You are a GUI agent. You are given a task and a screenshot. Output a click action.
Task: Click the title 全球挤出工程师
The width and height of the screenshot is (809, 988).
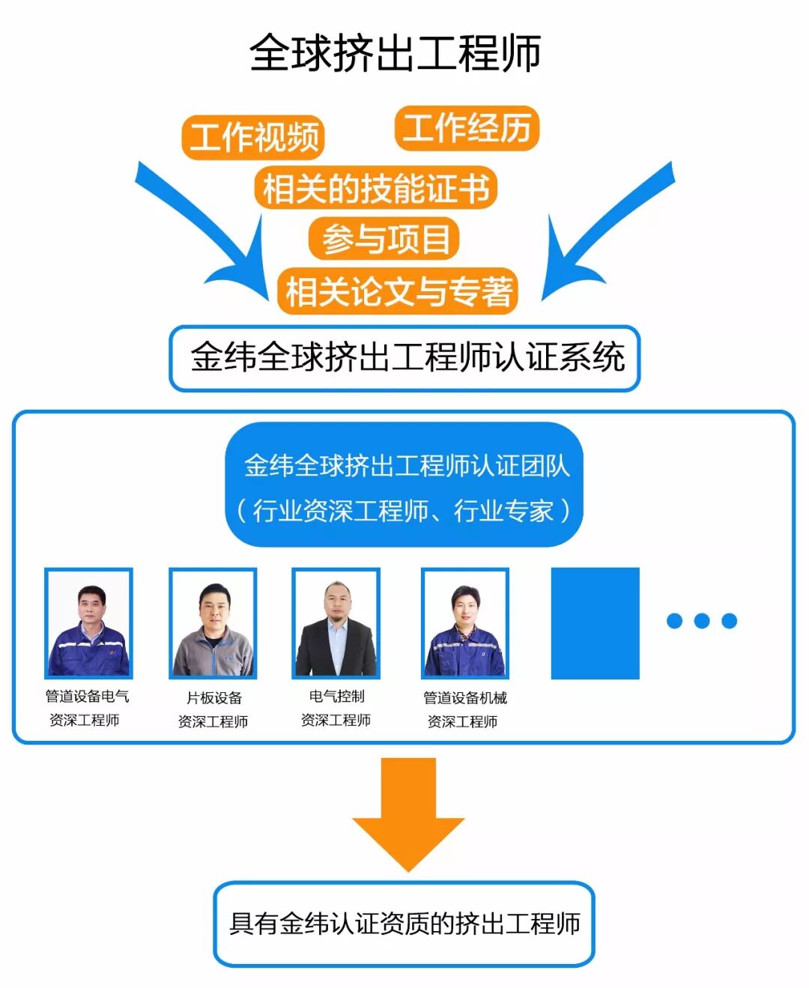pos(395,52)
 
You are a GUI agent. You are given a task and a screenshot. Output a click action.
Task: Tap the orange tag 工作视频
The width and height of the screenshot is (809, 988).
pos(252,137)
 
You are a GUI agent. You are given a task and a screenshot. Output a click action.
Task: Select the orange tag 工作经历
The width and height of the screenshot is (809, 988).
pos(467,128)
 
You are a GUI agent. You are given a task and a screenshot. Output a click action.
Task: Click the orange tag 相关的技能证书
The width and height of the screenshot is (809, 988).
pos(375,188)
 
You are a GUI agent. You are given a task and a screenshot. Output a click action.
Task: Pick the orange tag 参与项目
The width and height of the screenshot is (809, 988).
pos(384,239)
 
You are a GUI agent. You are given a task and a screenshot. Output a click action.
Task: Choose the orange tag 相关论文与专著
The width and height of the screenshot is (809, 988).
pos(398,291)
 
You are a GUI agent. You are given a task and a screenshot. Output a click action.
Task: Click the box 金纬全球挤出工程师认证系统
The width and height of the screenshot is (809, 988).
pos(404,357)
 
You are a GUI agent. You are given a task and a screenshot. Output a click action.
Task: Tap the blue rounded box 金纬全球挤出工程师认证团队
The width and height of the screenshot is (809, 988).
pos(404,486)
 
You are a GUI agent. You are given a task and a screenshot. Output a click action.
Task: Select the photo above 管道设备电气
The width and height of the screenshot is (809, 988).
pos(88,623)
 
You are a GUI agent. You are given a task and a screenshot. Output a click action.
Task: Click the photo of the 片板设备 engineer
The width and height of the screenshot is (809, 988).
pos(213,623)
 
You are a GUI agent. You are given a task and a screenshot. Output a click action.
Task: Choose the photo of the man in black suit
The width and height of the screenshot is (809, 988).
pos(336,623)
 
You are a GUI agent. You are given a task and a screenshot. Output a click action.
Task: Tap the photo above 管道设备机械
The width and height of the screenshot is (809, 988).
pos(464,623)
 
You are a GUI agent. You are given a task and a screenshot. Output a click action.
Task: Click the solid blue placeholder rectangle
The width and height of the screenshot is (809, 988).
pos(595,623)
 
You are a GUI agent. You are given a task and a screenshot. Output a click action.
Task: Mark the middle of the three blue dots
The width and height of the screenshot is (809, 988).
pos(702,620)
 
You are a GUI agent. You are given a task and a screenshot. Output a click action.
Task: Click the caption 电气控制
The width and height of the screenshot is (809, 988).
pos(336,696)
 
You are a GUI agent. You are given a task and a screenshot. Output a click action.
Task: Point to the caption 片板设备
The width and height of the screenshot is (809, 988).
pos(214,697)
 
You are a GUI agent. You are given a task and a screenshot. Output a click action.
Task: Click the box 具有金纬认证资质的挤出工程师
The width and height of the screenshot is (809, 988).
pos(404,924)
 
